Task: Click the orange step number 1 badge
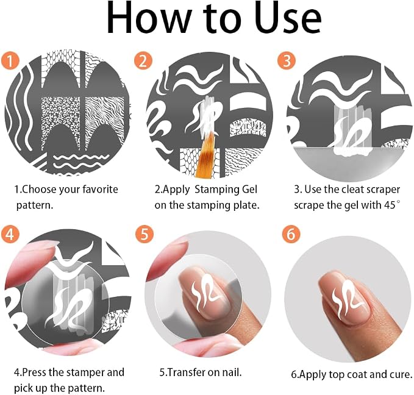10,61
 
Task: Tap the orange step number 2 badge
143,61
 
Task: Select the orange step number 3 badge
287,61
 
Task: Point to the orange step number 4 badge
10,233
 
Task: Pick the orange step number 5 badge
145,233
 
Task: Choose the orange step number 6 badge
291,233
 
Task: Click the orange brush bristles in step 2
207,153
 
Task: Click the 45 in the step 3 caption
390,205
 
